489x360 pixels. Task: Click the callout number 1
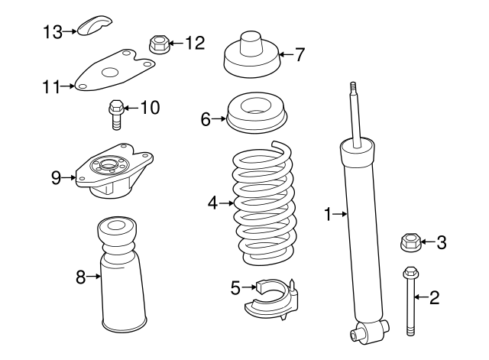(329, 216)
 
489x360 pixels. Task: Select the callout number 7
(300, 54)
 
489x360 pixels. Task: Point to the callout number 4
(212, 203)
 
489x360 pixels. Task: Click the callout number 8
(80, 277)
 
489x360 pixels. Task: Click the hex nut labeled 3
(410, 244)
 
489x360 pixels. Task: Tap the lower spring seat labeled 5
(275, 300)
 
